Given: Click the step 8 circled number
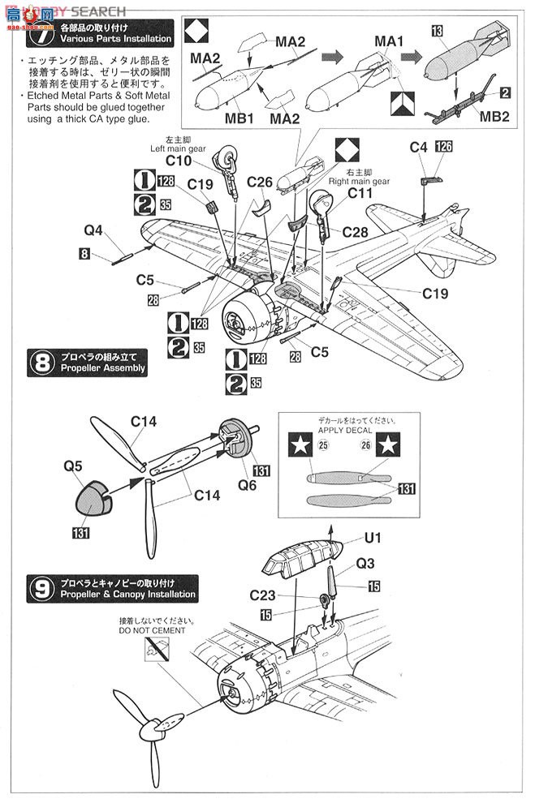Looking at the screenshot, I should [x=40, y=363].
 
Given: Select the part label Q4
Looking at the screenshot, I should [x=93, y=230].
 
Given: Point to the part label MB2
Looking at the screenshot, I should [x=494, y=115].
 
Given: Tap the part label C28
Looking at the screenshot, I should [x=356, y=232].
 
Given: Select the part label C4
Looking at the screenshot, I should [x=418, y=147].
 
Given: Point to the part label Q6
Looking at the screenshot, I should [x=248, y=486].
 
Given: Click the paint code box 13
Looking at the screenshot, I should [x=437, y=30].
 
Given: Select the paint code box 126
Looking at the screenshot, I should [x=443, y=147].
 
